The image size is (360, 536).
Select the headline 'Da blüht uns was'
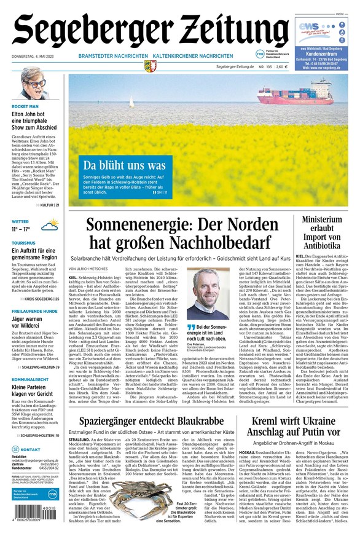(124, 165)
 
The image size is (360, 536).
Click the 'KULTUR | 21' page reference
(49, 205)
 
